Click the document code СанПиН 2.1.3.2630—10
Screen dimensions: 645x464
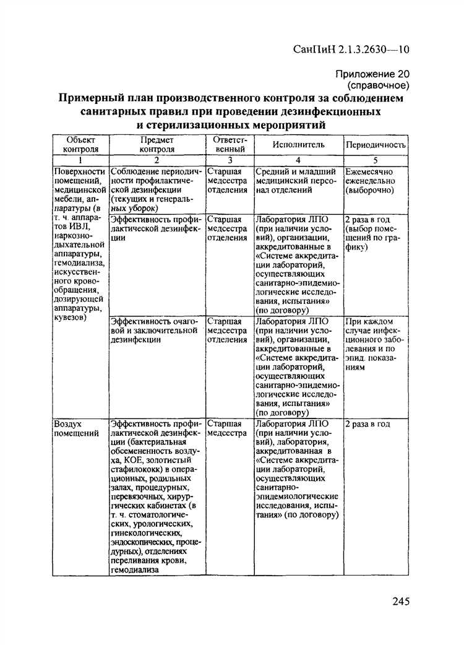(x=350, y=50)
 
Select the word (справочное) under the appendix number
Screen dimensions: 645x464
(x=379, y=84)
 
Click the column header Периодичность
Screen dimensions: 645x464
(x=376, y=144)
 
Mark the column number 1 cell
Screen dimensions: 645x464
(x=80, y=160)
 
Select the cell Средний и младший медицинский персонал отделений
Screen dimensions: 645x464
(x=295, y=181)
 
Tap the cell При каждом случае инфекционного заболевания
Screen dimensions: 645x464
(x=373, y=344)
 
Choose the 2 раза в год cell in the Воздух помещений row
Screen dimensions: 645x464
(x=367, y=424)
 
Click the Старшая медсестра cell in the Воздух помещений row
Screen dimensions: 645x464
(x=224, y=428)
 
